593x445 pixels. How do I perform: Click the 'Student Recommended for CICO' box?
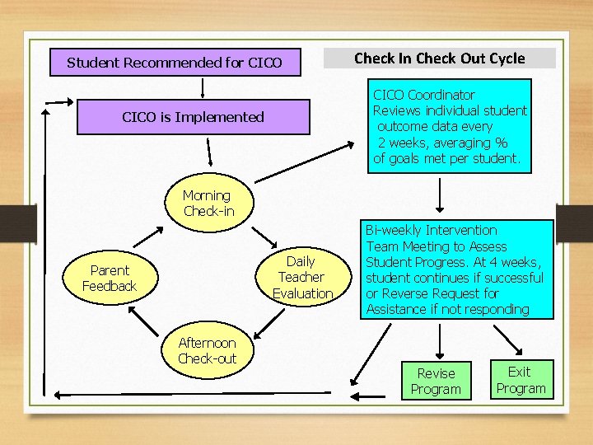coord(175,63)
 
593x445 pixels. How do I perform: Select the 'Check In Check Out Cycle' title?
coord(439,59)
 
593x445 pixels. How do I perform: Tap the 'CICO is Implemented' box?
coord(194,117)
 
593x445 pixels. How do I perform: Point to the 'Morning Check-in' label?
coord(208,203)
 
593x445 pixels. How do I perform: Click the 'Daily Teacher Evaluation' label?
coord(301,277)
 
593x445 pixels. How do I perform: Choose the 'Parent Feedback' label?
coord(110,278)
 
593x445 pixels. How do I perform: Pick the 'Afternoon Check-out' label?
coord(207,350)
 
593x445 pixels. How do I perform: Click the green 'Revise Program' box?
coord(436,381)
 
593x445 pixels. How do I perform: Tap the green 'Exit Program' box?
coord(521,380)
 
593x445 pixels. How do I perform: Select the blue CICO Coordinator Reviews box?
coord(450,126)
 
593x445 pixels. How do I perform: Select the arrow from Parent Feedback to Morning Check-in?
coord(151,231)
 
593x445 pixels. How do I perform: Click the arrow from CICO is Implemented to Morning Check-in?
coord(211,153)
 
